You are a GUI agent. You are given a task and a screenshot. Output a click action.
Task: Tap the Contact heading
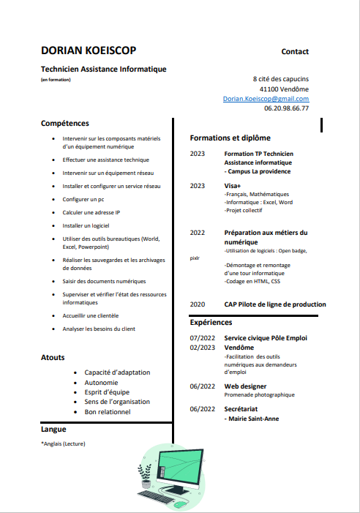tap(295, 51)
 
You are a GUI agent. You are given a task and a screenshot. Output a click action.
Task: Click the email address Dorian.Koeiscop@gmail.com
tap(266, 98)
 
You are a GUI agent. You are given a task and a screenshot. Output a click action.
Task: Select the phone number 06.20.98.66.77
tap(286, 108)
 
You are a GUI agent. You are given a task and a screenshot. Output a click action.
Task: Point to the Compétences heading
tap(65, 123)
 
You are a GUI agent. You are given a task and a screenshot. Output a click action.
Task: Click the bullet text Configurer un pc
tap(83, 199)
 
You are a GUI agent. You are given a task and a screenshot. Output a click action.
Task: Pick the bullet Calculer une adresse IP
tap(91, 212)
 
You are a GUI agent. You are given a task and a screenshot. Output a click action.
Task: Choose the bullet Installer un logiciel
tap(86, 225)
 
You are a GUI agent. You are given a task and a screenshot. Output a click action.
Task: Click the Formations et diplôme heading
tap(230, 138)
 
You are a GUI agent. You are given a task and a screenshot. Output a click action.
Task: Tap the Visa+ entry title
tap(233, 186)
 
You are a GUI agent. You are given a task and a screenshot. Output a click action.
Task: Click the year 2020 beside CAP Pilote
tap(198, 304)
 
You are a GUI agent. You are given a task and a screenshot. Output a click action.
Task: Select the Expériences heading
tap(211, 322)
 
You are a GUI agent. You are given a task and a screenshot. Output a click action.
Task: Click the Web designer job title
tap(245, 386)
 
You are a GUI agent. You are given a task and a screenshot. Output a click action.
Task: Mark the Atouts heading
tap(53, 357)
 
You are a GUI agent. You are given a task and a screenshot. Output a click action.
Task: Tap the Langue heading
tap(53, 430)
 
